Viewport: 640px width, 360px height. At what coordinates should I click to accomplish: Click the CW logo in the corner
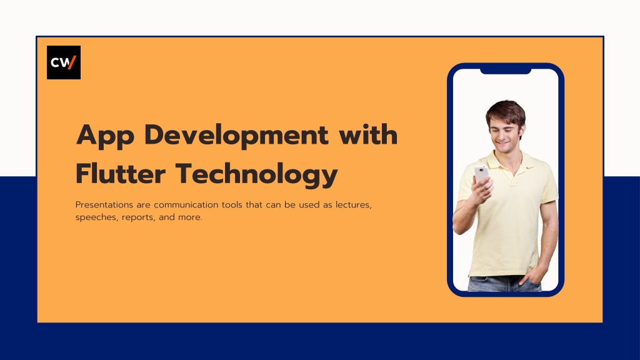[64, 62]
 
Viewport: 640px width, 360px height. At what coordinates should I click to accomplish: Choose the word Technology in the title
[256, 174]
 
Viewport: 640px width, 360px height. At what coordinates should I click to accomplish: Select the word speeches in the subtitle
[94, 217]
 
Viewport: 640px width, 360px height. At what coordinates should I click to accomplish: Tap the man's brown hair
[505, 111]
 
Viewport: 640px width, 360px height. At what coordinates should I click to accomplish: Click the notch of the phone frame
[506, 71]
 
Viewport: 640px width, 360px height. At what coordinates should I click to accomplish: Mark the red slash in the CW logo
[72, 62]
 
